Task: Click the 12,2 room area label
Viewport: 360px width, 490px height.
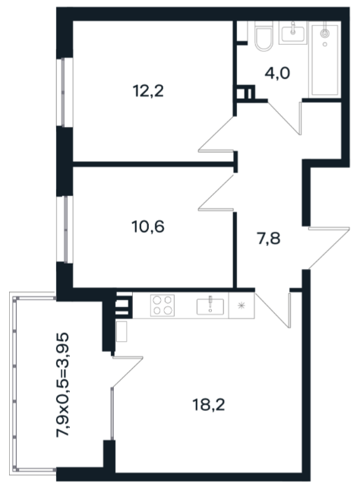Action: [x=148, y=91]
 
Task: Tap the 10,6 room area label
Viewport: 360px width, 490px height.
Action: [x=148, y=226]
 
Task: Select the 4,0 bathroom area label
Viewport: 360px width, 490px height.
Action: [x=277, y=74]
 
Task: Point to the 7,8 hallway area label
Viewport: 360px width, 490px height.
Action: [x=268, y=239]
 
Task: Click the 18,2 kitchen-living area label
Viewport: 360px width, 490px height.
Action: [x=208, y=406]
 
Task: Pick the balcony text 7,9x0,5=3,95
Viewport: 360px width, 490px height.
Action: [x=62, y=385]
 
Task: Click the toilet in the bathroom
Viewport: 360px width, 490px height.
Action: [x=264, y=36]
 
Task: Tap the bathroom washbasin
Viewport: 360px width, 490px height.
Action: [x=293, y=33]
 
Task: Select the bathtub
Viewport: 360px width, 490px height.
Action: [x=325, y=58]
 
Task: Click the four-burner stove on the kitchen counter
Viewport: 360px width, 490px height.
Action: [x=163, y=305]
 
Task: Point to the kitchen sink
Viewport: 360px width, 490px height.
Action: [x=210, y=306]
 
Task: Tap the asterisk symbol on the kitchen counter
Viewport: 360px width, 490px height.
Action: [x=241, y=305]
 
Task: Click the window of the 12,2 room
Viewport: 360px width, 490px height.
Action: [x=65, y=93]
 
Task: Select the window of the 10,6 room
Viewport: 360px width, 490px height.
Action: [x=65, y=229]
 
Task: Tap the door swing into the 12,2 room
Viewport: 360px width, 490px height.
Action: [x=216, y=134]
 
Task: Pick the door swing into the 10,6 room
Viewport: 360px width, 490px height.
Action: [x=216, y=192]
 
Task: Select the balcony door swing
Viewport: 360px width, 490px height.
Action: [x=127, y=371]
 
